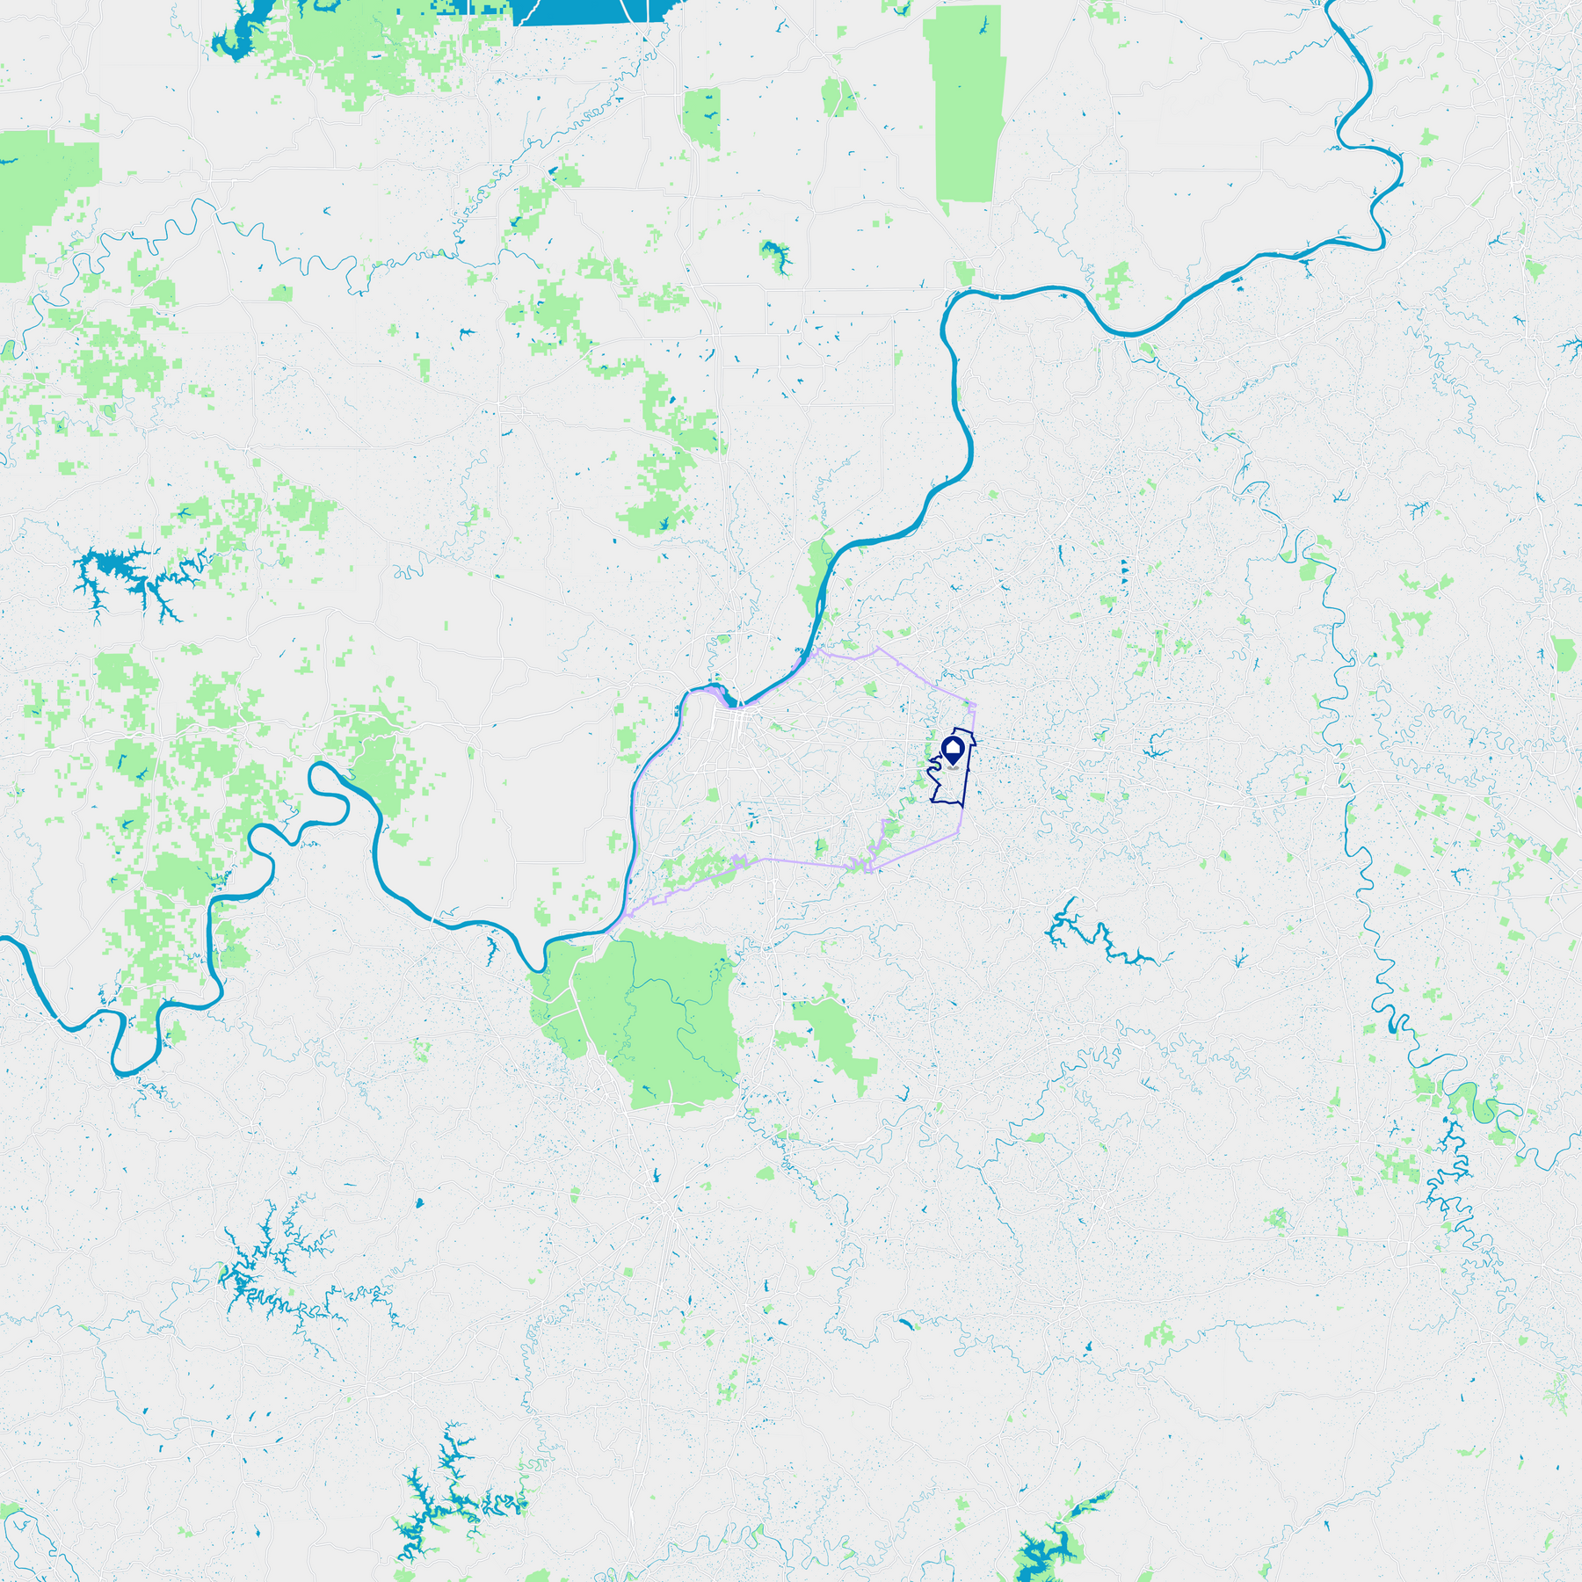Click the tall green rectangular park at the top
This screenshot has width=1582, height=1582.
click(967, 105)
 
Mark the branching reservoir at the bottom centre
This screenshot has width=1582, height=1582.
click(439, 1494)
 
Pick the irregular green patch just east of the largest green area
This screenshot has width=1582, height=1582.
click(831, 1037)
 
